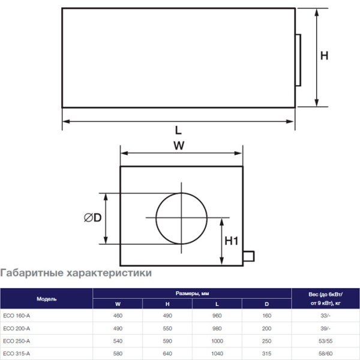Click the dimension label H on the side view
pos(324,56)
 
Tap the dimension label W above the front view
pos(178,145)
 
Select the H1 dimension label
pos(232,241)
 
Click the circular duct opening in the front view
pos(181,218)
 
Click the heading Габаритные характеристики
pos(76,273)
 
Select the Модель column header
pos(46,298)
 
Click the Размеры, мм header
pos(191,293)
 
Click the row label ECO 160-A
pos(16,316)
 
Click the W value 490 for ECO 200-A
pos(118,328)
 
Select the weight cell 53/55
pos(325,341)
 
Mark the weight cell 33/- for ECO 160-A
pos(325,316)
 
